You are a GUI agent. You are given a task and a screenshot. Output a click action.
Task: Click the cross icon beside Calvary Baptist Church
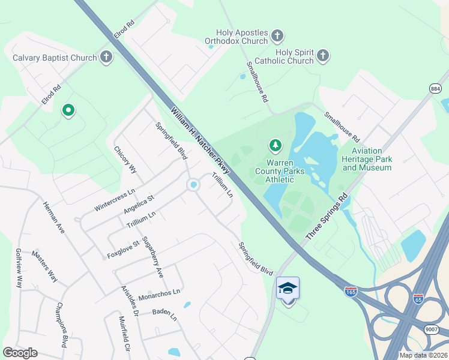(x=106, y=58)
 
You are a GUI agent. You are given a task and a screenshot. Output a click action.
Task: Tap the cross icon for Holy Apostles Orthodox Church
(x=277, y=36)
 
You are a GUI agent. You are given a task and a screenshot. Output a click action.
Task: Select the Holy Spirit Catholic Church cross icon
(x=323, y=56)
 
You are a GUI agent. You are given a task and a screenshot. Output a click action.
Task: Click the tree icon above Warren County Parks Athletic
(x=276, y=145)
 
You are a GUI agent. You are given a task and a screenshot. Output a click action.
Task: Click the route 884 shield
(x=436, y=89)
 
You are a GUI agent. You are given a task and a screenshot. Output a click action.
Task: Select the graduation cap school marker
(x=288, y=289)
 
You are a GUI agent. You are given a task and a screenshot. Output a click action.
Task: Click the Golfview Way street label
(x=19, y=268)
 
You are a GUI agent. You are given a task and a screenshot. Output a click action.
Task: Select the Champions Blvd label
(x=61, y=325)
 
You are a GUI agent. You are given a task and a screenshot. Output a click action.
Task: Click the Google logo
(x=20, y=353)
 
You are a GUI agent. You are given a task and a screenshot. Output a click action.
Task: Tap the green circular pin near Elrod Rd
(x=68, y=110)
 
